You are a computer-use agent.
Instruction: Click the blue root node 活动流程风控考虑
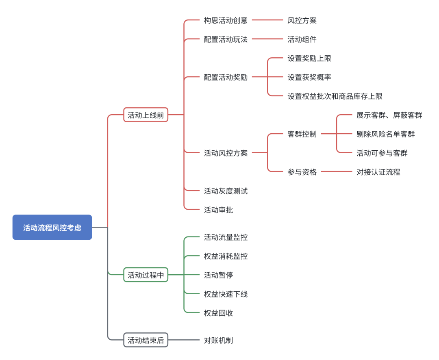pyautogui.click(x=52, y=227)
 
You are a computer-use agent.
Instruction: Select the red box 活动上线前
pyautogui.click(x=146, y=115)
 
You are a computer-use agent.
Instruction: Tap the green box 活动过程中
pyautogui.click(x=146, y=275)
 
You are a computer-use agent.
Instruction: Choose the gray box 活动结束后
pyautogui.click(x=146, y=340)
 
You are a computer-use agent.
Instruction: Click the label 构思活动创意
pyautogui.click(x=226, y=20)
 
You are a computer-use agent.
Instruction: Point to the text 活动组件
pyautogui.click(x=302, y=39)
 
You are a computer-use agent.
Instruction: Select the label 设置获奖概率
pyautogui.click(x=309, y=77)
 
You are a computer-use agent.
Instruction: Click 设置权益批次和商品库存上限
pyautogui.click(x=335, y=96)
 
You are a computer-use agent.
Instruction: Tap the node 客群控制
pyautogui.click(x=302, y=134)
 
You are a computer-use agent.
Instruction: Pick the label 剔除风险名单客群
pyautogui.click(x=385, y=134)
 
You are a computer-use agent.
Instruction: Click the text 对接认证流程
pyautogui.click(x=378, y=172)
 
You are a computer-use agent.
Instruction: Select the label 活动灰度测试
pyautogui.click(x=226, y=191)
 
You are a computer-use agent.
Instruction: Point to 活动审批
pyautogui.click(x=218, y=210)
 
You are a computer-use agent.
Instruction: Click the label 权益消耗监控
pyautogui.click(x=226, y=256)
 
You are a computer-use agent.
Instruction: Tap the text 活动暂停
pyautogui.click(x=218, y=275)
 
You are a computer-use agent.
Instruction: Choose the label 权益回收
pyautogui.click(x=218, y=313)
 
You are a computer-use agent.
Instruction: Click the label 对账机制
pyautogui.click(x=218, y=340)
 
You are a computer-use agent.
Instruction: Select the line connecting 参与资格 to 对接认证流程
pyautogui.click(x=336, y=171)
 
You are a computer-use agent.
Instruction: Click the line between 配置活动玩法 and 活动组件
pyautogui.click(x=267, y=39)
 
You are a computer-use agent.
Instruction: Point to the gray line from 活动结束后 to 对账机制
pyautogui.click(x=184, y=340)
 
